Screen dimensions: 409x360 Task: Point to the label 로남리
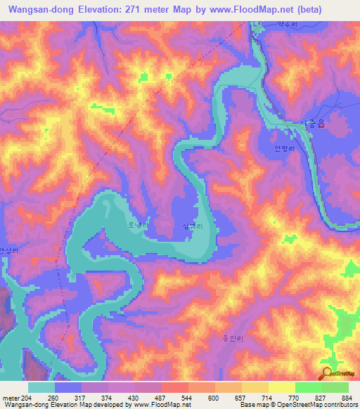(x=136, y=226)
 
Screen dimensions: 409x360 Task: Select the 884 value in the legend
(x=349, y=398)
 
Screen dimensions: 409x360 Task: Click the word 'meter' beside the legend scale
(x=10, y=398)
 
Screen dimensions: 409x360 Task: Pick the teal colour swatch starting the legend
(x=41, y=387)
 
